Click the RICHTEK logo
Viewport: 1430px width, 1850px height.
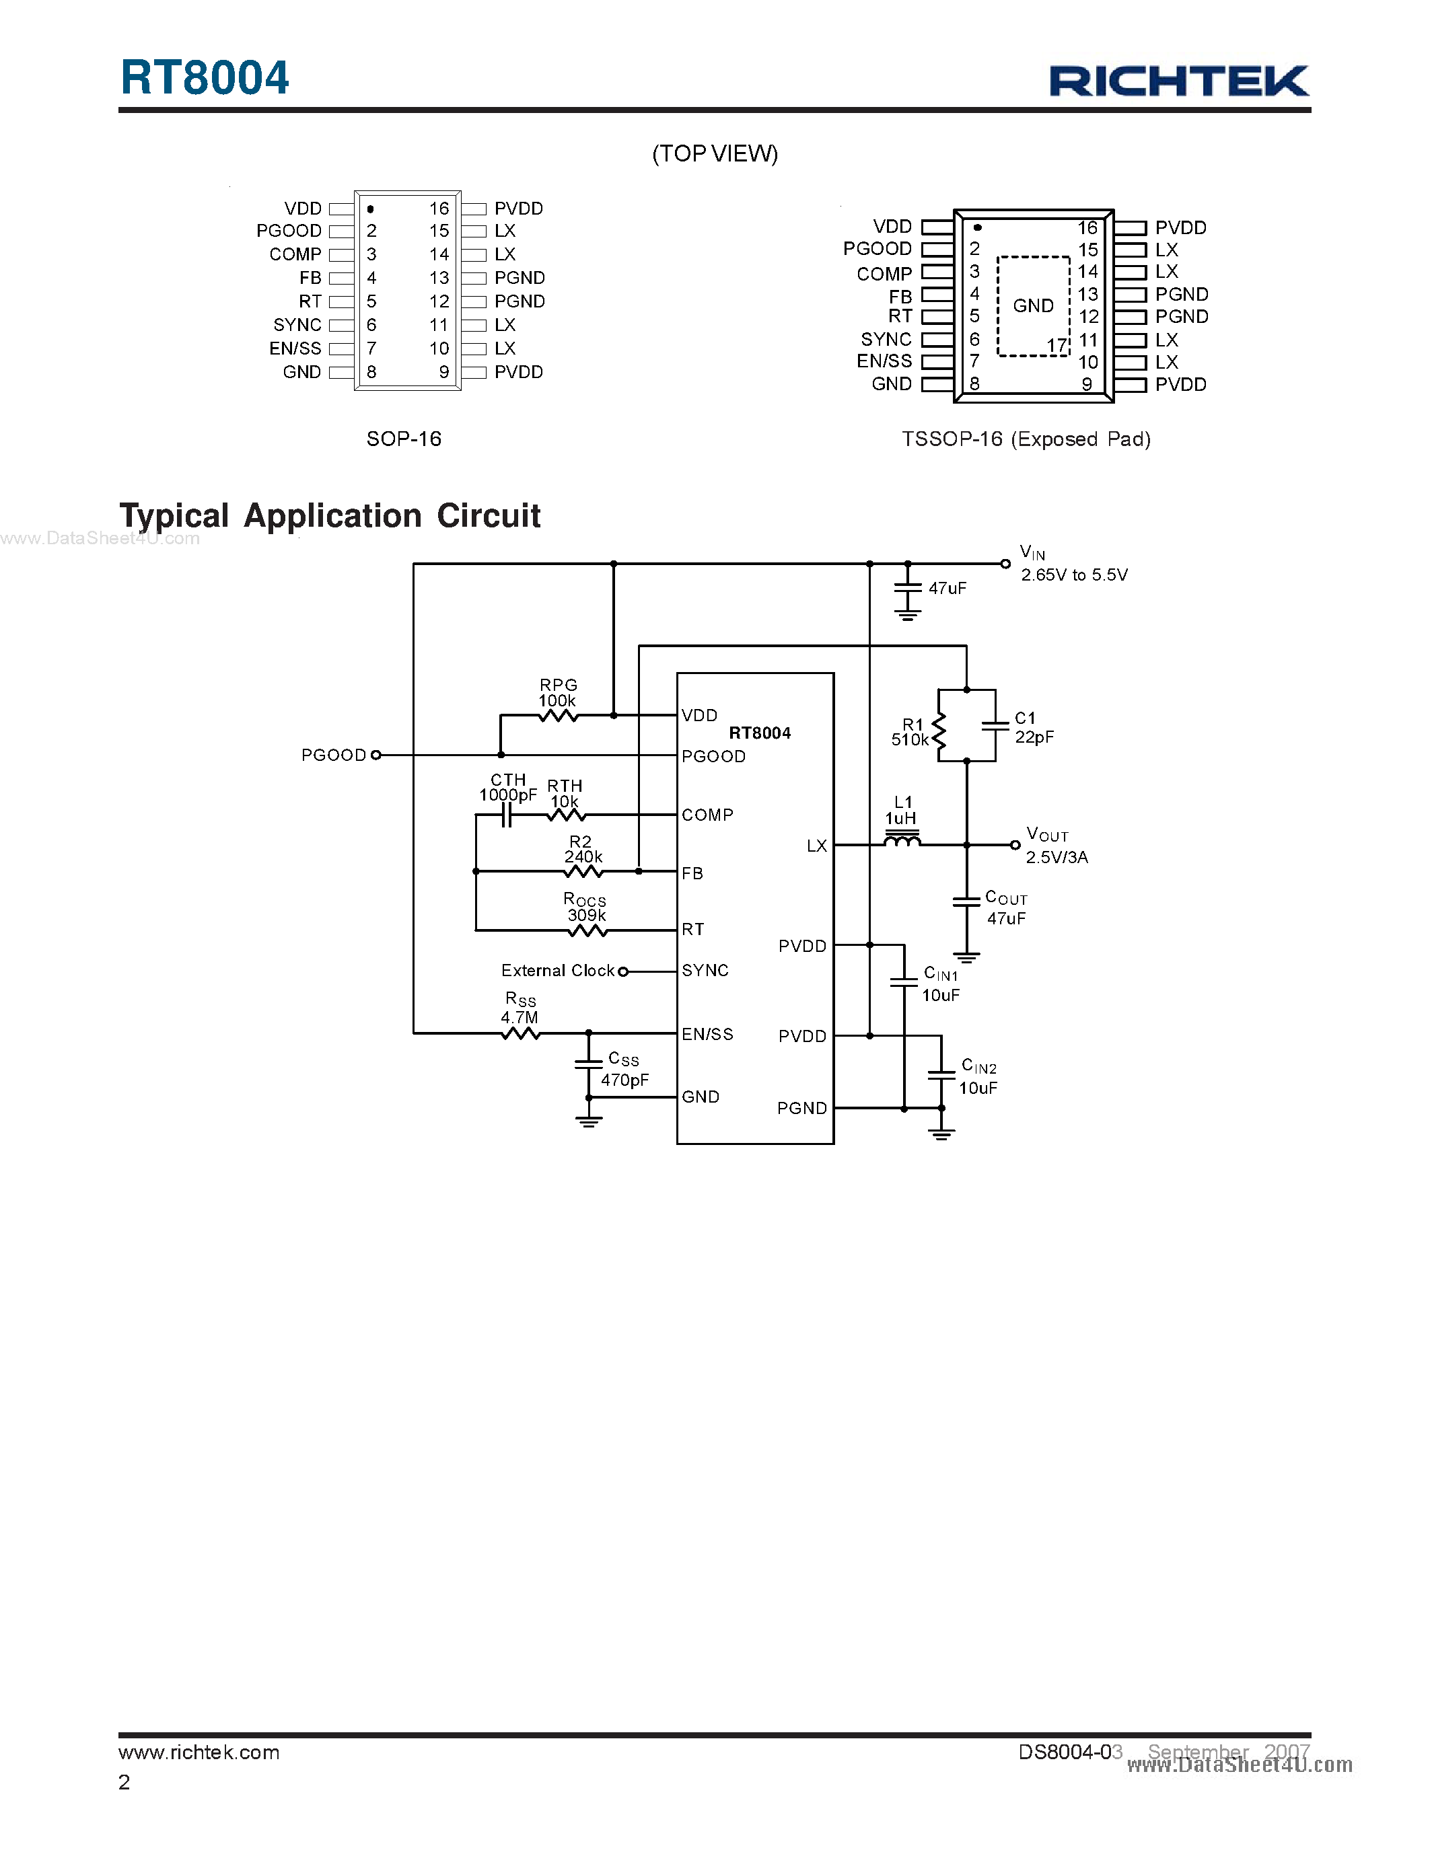coord(1178,81)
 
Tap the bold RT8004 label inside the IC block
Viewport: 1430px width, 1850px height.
coord(759,733)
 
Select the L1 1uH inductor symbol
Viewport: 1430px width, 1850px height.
coord(901,840)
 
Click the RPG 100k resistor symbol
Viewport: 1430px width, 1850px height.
coord(559,716)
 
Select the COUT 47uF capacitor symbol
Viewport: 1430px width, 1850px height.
coord(966,902)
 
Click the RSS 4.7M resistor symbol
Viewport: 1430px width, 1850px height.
coord(520,1033)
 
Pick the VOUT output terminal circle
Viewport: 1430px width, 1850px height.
coord(1015,844)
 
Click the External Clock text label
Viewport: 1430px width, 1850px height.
coord(557,971)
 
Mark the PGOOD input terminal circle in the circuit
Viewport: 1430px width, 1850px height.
coord(376,755)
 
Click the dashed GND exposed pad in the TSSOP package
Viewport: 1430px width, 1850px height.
coord(1034,306)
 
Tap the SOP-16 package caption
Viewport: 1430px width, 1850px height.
coord(403,439)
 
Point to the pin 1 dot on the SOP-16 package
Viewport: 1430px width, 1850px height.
coord(371,209)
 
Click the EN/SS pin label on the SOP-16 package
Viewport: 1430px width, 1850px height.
coord(295,348)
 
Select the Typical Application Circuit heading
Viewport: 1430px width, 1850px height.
coord(330,515)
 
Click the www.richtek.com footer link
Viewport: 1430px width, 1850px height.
coord(199,1752)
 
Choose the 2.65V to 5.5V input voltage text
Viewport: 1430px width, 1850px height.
coord(1073,575)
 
